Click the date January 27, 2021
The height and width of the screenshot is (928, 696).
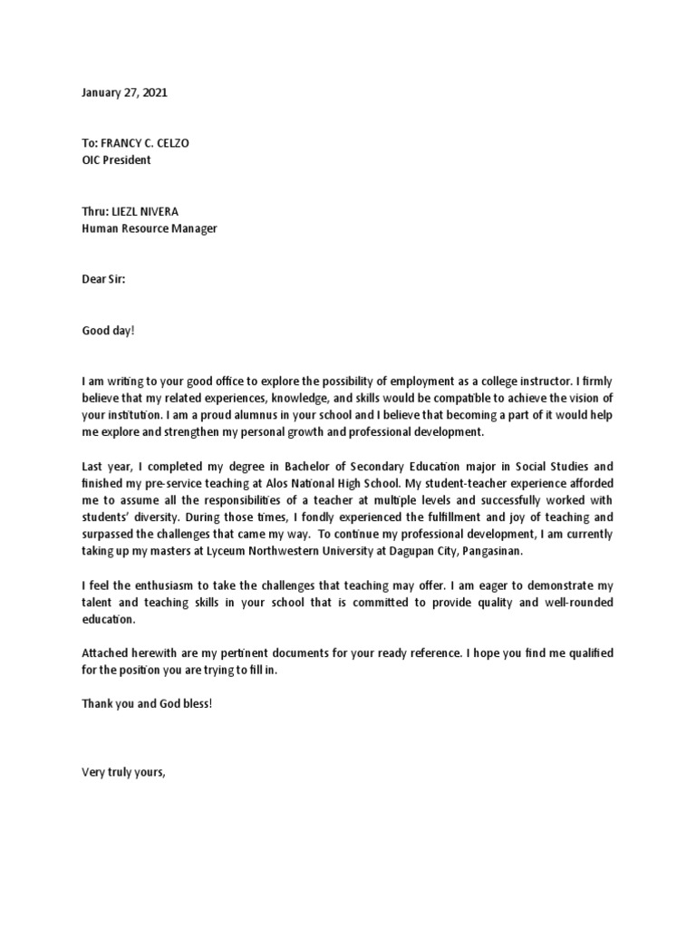(125, 92)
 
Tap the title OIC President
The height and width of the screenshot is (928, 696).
(117, 160)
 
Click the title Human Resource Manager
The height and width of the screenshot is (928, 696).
(150, 228)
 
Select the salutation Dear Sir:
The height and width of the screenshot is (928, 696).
(104, 281)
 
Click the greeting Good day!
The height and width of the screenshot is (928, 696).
(108, 333)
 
